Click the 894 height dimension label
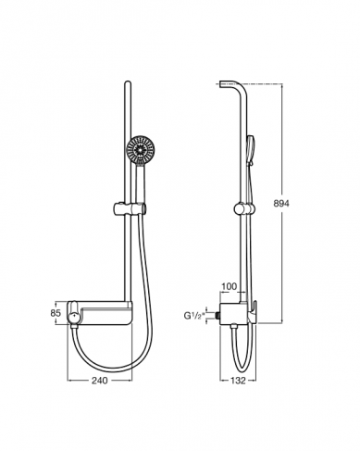point(281,204)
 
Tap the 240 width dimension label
point(100,381)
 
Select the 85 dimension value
point(56,313)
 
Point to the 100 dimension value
point(230,286)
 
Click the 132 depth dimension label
point(238,381)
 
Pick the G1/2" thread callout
point(194,316)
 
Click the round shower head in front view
point(140,149)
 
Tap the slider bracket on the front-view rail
point(130,208)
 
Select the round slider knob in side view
point(242,208)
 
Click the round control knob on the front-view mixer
point(75,317)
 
